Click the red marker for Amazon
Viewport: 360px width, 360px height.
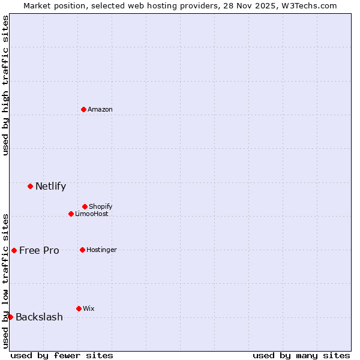[x=83, y=109]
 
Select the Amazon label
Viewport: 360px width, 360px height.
[x=100, y=109]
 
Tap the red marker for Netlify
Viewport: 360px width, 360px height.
[x=30, y=186]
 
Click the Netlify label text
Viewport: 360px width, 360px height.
[x=50, y=186]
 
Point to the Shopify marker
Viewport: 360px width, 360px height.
[x=85, y=206]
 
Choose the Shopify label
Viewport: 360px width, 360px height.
[x=101, y=206]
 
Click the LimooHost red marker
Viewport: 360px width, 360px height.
[x=71, y=214]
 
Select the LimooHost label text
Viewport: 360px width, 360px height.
[x=92, y=214]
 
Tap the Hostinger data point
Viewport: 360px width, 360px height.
[x=82, y=250]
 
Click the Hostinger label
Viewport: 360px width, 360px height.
[x=102, y=250]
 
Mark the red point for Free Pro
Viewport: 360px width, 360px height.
[x=14, y=250]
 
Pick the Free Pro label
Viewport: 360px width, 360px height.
[x=39, y=250]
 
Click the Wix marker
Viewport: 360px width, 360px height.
[x=79, y=308]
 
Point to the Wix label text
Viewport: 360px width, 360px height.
[x=89, y=308]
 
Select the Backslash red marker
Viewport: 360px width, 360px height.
[x=10, y=317]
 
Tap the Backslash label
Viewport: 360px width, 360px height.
[x=39, y=317]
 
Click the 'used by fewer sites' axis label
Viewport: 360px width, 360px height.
[x=62, y=355]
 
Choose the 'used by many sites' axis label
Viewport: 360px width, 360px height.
[x=301, y=355]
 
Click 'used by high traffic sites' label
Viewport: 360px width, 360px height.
[x=5, y=85]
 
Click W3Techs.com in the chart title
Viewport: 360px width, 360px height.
[x=309, y=5]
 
